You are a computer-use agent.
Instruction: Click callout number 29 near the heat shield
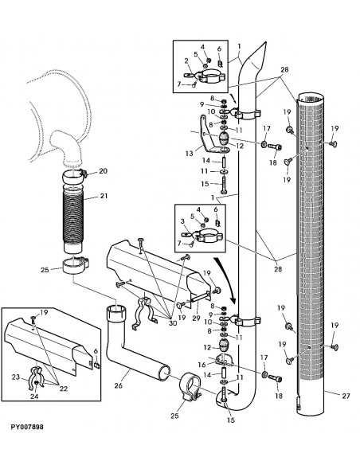click(194, 318)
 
